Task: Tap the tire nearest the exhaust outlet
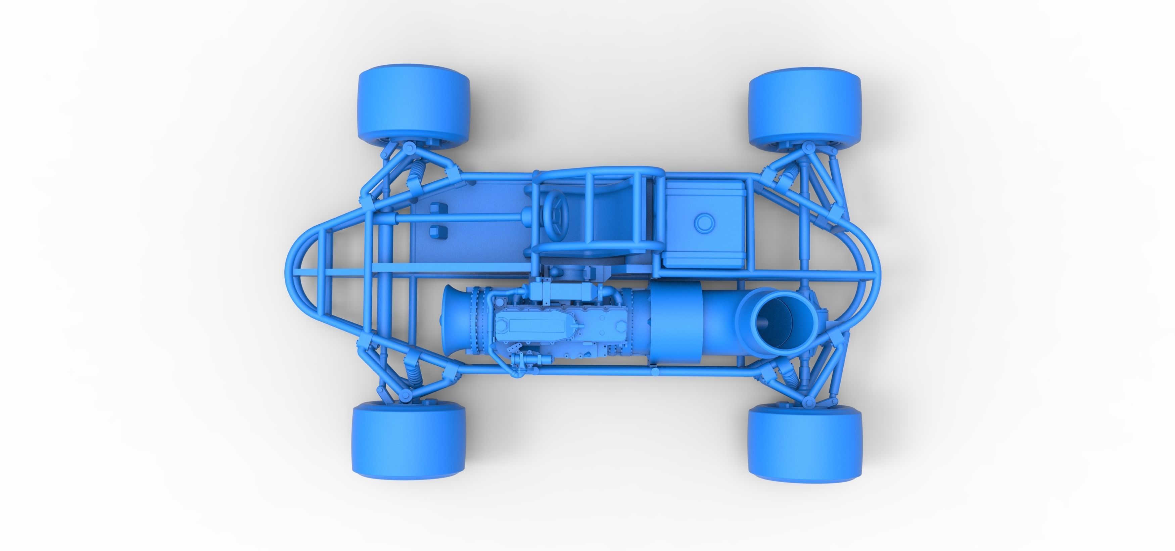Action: click(x=805, y=443)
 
